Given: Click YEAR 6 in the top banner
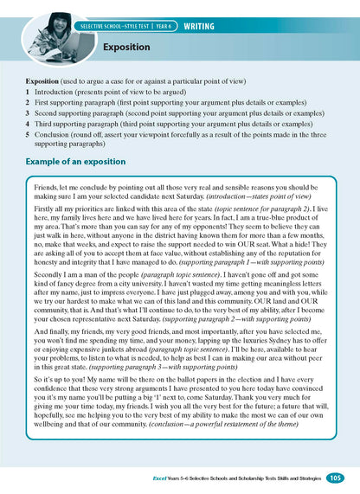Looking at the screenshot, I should [x=161, y=28].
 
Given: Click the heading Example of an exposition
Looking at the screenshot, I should [x=82, y=162].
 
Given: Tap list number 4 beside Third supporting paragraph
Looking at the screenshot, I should [x=28, y=124].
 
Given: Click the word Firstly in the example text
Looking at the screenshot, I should [x=47, y=209].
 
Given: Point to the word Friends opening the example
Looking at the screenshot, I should [x=48, y=186].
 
